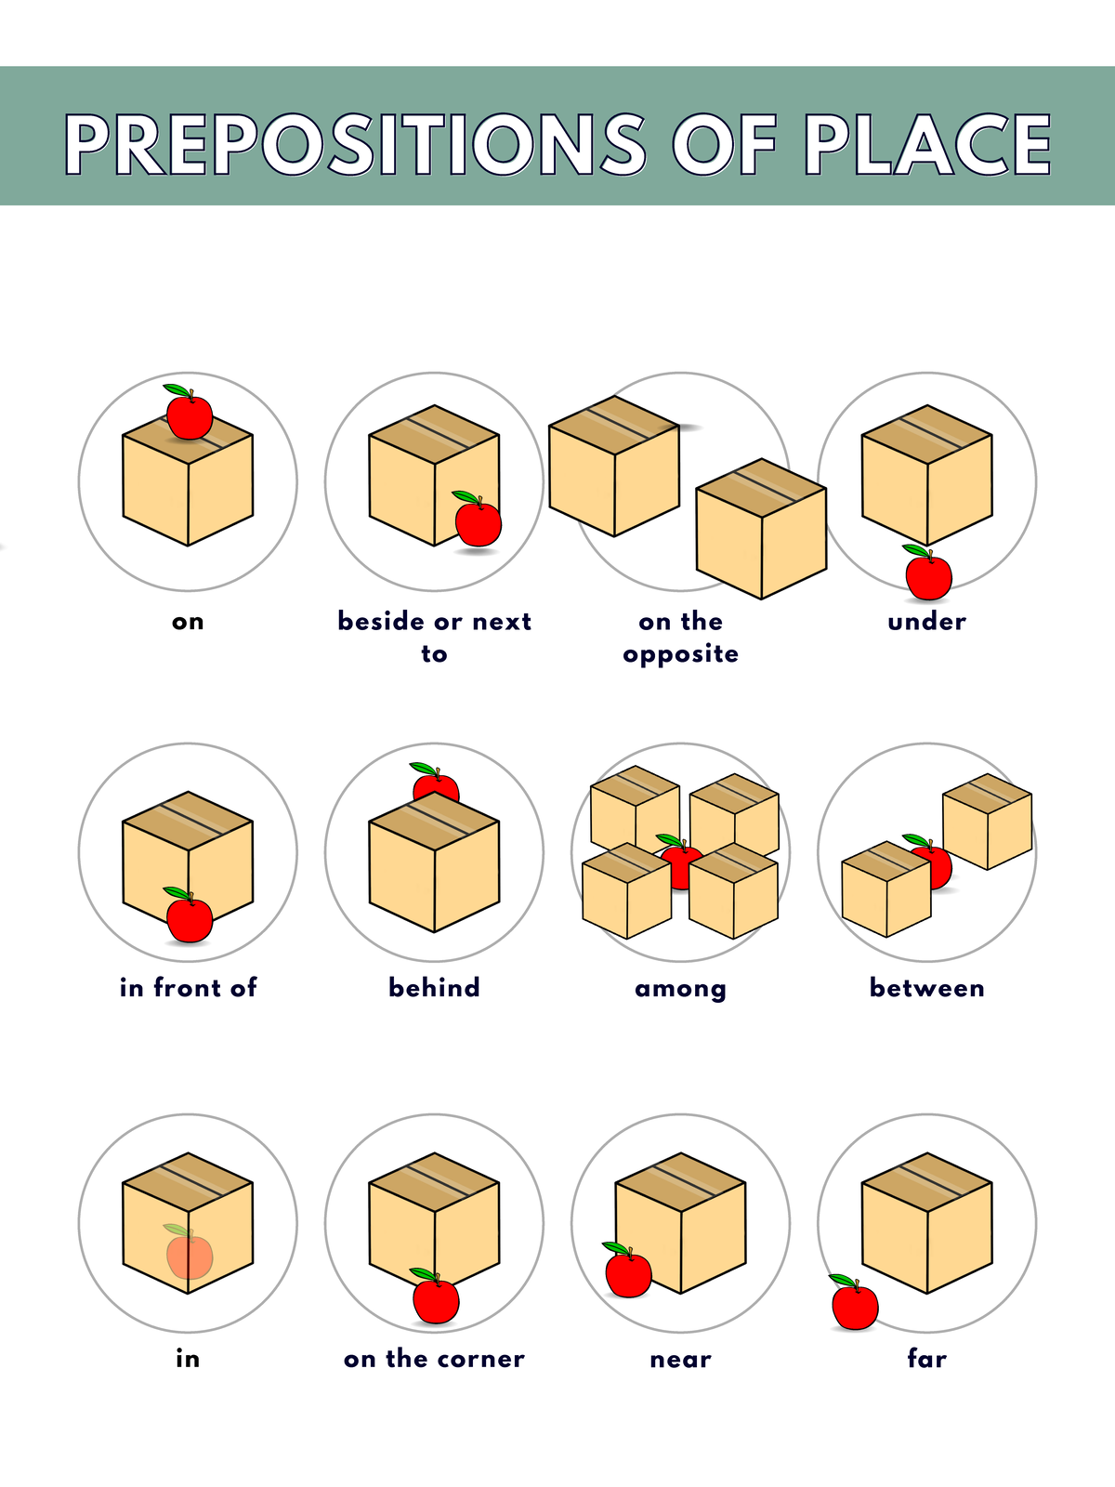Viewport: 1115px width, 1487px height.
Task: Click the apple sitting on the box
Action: point(190,416)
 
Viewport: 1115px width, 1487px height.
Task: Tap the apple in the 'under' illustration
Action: point(928,576)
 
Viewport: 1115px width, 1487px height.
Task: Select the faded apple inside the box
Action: point(190,1255)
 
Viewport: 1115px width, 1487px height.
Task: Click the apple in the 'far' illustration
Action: point(855,1306)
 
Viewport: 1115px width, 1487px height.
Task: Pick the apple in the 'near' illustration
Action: point(628,1273)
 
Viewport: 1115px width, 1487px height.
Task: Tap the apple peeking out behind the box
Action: point(435,785)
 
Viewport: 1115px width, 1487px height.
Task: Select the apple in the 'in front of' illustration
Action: point(190,918)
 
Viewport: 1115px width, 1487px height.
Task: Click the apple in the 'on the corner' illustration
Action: point(436,1299)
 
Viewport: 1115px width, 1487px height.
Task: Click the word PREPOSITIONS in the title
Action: point(355,145)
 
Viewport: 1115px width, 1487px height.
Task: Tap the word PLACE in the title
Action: point(927,145)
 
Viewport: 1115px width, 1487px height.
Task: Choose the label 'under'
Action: point(926,622)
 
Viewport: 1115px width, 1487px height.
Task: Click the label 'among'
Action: point(680,989)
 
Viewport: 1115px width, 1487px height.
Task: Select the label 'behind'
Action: point(434,987)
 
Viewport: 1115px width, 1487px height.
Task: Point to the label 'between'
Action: point(926,987)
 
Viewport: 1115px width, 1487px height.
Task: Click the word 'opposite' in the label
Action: point(680,655)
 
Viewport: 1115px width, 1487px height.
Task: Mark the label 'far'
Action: point(926,1359)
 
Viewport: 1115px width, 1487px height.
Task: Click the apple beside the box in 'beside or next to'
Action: point(479,523)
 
